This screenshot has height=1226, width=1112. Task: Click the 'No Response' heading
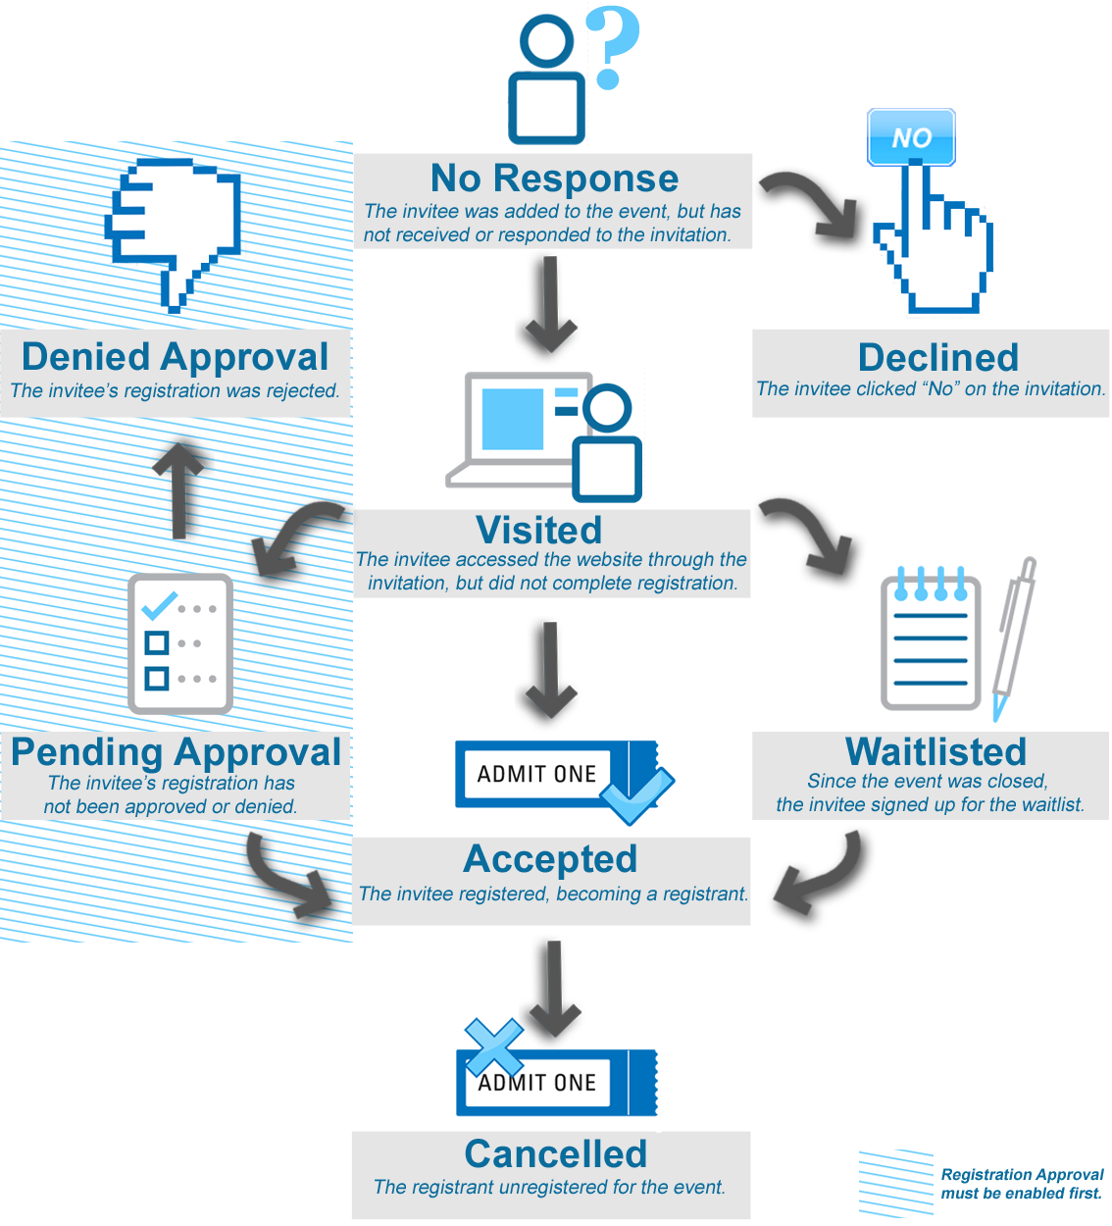tap(554, 179)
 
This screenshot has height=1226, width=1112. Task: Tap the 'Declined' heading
tap(937, 358)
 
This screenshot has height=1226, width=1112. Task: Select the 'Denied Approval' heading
tap(175, 357)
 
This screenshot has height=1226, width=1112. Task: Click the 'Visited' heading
tap(538, 530)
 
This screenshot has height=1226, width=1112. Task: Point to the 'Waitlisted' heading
tap(935, 751)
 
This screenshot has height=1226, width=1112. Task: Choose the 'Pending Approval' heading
tap(176, 752)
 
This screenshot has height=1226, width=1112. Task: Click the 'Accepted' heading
tap(550, 859)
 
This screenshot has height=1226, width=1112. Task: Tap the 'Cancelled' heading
tap(555, 1154)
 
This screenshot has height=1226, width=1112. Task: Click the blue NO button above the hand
tap(911, 137)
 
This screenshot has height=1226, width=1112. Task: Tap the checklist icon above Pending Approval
tap(179, 643)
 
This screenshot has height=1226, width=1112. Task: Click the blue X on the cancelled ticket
tap(493, 1047)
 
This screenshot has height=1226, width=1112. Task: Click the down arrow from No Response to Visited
tap(550, 305)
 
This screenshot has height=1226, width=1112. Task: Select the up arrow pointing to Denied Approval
tap(180, 485)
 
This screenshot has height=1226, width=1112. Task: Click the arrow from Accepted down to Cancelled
tap(554, 986)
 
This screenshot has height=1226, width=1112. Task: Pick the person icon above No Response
tap(546, 78)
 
